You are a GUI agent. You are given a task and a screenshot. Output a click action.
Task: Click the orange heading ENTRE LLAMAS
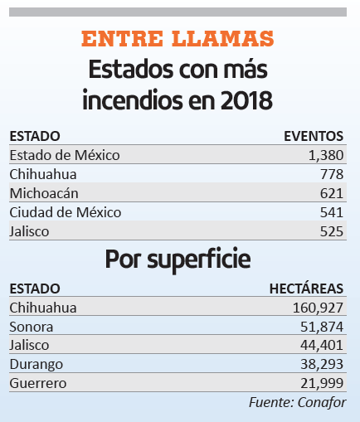[178, 38]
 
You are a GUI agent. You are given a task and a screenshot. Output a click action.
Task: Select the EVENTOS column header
[314, 136]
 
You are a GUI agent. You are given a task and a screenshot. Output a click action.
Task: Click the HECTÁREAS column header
[306, 289]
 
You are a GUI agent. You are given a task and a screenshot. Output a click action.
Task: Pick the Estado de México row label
[65, 155]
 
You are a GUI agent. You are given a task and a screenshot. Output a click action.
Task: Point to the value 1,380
[326, 155]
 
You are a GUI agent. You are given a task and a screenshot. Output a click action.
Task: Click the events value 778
[332, 174]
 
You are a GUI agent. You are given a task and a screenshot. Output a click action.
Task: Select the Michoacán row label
[44, 193]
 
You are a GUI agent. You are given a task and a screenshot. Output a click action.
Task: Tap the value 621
[332, 193]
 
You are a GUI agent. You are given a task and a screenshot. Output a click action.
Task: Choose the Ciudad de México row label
[66, 212]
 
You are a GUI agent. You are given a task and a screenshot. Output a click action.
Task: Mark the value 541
[332, 212]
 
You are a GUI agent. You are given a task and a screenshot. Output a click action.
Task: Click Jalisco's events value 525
[332, 231]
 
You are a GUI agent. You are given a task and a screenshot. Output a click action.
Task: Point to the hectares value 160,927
[318, 308]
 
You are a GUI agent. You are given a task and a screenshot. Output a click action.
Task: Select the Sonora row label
[32, 327]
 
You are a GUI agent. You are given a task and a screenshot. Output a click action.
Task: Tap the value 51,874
[322, 327]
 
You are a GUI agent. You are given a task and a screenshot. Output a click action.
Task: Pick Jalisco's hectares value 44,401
[322, 345]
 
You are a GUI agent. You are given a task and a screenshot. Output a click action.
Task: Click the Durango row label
[36, 365]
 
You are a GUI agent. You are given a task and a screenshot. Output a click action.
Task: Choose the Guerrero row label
[38, 383]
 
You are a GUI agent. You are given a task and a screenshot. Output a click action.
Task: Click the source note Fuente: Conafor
[297, 403]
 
